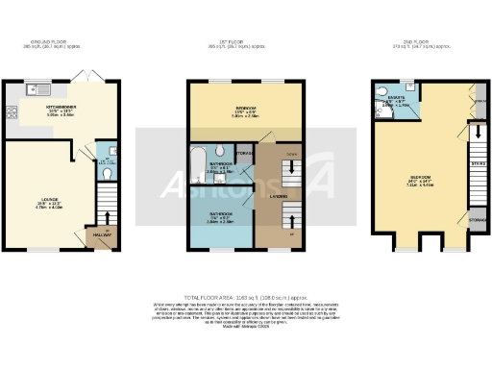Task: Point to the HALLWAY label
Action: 101,234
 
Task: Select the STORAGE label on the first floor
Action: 245,152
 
